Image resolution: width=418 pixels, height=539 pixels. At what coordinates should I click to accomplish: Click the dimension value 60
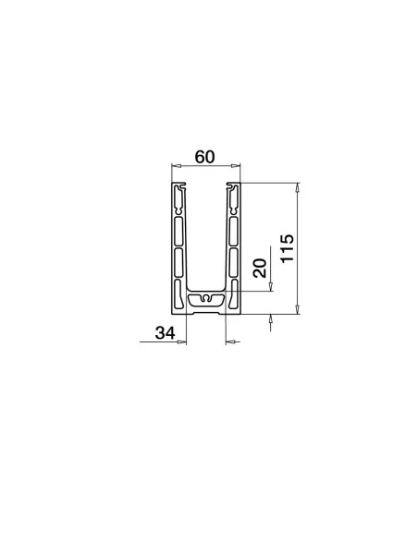coord(204,157)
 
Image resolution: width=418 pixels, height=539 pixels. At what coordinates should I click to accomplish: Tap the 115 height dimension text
coord(287,248)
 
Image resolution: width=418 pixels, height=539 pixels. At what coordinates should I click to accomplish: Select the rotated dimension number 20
coord(260,269)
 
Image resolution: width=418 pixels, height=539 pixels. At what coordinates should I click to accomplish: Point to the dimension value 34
coord(165,333)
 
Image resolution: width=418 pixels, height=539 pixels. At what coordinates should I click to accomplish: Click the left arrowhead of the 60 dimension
coord(177,166)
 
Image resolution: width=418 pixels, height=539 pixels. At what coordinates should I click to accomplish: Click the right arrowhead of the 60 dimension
coord(236,166)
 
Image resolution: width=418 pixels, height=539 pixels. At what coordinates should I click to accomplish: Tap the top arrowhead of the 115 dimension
coord(298,187)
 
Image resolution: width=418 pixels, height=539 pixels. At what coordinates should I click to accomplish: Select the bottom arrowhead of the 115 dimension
coord(298,309)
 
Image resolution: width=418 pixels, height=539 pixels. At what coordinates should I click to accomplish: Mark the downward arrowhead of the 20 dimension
coord(271,287)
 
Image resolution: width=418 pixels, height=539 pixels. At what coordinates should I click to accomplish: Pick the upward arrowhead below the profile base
coord(271,318)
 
